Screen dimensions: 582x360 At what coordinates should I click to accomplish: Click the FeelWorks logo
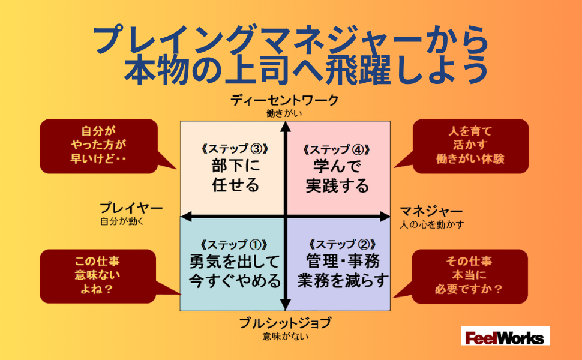point(505,336)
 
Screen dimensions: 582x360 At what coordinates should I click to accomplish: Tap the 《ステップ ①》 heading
point(233,245)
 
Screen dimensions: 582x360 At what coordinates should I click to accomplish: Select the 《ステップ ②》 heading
point(342,245)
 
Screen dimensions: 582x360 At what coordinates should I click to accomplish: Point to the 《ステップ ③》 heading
point(235,149)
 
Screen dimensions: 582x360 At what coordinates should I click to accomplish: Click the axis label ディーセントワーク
point(284,100)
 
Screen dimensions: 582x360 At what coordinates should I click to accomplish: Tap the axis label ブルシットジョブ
point(284,323)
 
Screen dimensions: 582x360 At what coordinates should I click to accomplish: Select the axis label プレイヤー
point(131,208)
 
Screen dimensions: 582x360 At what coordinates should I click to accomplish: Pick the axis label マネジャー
point(431,211)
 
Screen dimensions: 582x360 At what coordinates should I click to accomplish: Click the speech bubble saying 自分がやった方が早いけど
point(99,146)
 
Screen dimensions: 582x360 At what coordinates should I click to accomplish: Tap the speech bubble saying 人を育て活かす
point(470,146)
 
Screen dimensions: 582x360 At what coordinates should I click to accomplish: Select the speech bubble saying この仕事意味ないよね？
point(98,276)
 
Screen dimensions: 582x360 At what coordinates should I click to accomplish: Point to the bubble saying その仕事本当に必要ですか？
point(469,276)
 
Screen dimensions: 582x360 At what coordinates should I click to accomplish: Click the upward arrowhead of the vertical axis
point(286,127)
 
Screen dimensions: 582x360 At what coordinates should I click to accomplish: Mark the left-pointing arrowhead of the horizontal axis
point(186,217)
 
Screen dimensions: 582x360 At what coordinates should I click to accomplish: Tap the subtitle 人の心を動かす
point(431,224)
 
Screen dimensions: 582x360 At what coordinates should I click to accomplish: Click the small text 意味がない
point(285,337)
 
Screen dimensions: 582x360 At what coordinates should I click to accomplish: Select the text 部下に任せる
point(235,175)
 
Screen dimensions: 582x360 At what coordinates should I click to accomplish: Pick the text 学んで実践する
point(337,176)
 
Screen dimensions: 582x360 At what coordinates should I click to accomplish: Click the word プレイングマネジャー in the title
point(257,39)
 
